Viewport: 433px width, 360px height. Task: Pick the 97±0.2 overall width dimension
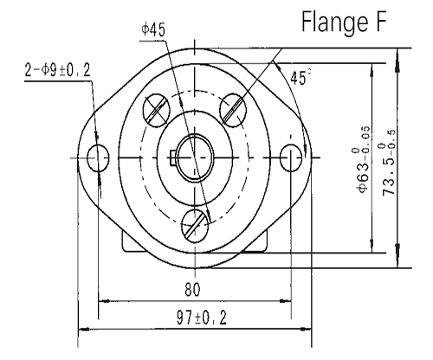tap(195, 318)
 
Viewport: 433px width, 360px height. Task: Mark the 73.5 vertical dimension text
tap(389, 156)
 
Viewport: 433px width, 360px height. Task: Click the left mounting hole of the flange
tap(100, 157)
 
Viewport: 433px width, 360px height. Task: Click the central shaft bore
tap(197, 156)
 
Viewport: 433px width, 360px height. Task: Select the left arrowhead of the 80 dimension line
tap(102, 301)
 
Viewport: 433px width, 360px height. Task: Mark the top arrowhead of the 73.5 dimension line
tap(397, 51)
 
